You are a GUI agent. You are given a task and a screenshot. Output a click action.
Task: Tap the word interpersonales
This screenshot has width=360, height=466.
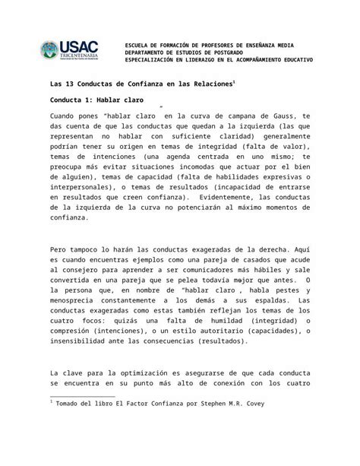coord(84,185)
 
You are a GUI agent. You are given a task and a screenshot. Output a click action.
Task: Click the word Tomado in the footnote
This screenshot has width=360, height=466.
coord(71,404)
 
